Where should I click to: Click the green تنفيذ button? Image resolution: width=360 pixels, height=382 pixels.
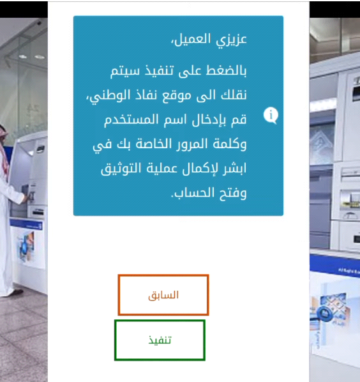pyautogui.click(x=160, y=340)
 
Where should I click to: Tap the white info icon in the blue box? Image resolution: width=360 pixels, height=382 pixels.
pyautogui.click(x=271, y=115)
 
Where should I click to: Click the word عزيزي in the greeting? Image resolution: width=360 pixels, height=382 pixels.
pyautogui.click(x=231, y=40)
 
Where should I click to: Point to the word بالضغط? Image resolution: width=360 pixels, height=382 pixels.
pyautogui.click(x=226, y=71)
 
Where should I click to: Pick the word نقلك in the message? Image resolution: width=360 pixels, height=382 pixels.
pyautogui.click(x=234, y=95)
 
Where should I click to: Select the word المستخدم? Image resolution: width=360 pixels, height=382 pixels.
pyautogui.click(x=131, y=119)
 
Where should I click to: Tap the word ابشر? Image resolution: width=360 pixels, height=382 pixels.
pyautogui.click(x=235, y=169)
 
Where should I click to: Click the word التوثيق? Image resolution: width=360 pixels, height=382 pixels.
pyautogui.click(x=121, y=169)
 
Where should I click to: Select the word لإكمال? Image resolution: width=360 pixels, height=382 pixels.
pyautogui.click(x=200, y=169)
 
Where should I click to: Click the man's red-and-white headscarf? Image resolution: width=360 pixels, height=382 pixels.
pyautogui.click(x=4, y=151)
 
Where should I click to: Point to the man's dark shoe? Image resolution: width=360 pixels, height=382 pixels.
pyautogui.click(x=17, y=292)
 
